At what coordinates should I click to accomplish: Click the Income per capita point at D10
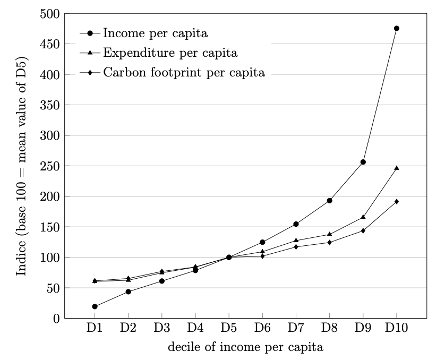pos(396,28)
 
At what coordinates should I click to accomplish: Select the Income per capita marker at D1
pos(95,306)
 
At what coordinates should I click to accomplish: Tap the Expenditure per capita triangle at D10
pos(396,168)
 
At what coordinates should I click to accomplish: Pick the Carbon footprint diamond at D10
pos(396,201)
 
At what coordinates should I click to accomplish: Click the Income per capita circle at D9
pos(363,162)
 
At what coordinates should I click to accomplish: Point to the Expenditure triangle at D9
pos(363,217)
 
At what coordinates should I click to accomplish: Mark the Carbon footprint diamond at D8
pos(329,242)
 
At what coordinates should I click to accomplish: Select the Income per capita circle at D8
pos(329,201)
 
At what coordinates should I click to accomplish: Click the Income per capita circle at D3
pos(161,281)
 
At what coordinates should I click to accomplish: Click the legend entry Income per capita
pos(155,33)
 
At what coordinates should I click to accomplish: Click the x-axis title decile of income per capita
pos(245,348)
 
